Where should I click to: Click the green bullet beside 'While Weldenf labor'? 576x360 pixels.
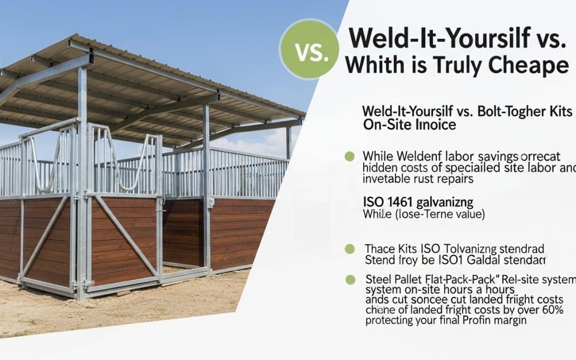pos(350,156)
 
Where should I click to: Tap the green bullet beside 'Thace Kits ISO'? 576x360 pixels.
pos(350,249)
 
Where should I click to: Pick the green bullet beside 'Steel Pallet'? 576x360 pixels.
pos(350,279)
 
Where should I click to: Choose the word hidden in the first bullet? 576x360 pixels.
pos(379,168)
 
